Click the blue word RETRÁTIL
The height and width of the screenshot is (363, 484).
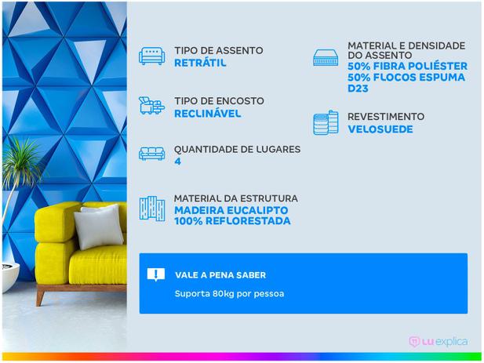(x=200, y=63)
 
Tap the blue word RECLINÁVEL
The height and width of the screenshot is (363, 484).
(x=207, y=114)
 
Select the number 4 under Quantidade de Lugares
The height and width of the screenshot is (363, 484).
(x=177, y=162)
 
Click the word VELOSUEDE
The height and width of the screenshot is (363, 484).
(x=380, y=129)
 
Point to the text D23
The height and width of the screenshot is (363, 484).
(x=358, y=89)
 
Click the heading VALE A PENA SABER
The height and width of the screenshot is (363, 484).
(x=220, y=275)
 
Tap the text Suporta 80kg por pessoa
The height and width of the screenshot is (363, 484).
(x=229, y=293)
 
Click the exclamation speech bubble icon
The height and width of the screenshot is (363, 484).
(x=156, y=274)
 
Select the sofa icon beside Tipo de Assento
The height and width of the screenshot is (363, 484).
(x=151, y=56)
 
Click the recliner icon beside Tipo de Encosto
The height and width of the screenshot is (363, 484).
(x=151, y=106)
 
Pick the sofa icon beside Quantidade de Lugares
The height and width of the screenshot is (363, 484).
(x=151, y=154)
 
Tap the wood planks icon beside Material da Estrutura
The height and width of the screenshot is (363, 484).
(x=151, y=209)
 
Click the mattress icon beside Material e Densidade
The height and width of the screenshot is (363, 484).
(x=326, y=57)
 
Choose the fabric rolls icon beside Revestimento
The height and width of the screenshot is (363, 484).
(x=326, y=123)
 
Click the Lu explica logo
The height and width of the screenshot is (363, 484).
(x=438, y=342)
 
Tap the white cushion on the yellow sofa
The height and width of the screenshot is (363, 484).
(x=98, y=228)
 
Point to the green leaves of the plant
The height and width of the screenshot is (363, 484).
(x=22, y=163)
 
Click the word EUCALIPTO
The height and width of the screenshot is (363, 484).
(x=257, y=210)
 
